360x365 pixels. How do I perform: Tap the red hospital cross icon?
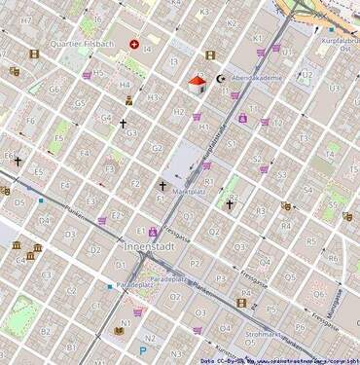point(134,44)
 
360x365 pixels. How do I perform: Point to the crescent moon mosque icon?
point(220,79)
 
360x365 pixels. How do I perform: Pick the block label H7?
point(26,20)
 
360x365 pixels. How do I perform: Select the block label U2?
point(307,74)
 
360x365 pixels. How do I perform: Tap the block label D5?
point(19,203)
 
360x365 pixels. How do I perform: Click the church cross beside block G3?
point(123,124)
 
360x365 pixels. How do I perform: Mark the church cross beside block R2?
point(230,204)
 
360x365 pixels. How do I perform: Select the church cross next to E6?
point(18,161)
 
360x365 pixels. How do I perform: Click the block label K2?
point(231,22)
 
